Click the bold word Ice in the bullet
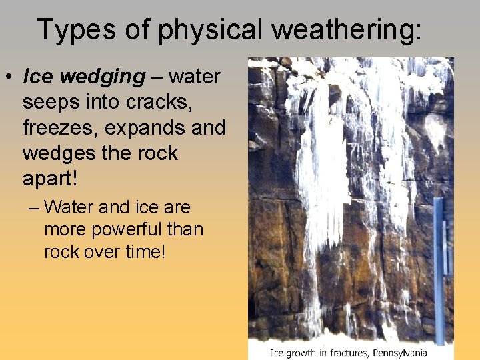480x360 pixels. pyautogui.click(x=38, y=77)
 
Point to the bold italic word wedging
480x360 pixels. pyautogui.click(x=101, y=77)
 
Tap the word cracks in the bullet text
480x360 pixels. pyautogui.click(x=159, y=102)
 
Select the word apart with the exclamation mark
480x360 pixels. pyautogui.click(x=50, y=179)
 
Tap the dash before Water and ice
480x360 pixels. pyautogui.click(x=34, y=207)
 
